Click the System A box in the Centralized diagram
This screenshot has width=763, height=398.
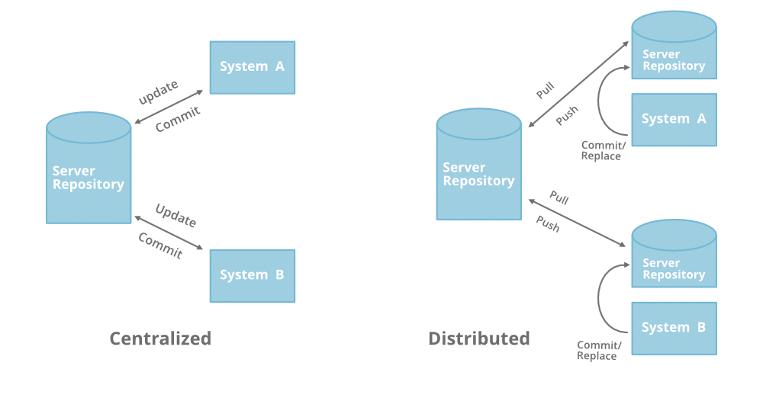tap(252, 67)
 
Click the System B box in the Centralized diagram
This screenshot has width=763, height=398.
tap(252, 275)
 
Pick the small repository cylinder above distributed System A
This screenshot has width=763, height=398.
tap(674, 50)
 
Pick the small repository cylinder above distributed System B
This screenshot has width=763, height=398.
tap(674, 258)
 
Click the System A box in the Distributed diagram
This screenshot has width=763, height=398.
tap(674, 119)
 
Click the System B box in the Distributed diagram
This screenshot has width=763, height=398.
tap(674, 328)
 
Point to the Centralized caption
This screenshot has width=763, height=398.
tap(160, 339)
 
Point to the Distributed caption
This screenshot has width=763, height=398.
tap(478, 339)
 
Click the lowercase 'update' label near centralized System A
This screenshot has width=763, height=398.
tap(158, 92)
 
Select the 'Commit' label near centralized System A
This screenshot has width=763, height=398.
tap(178, 120)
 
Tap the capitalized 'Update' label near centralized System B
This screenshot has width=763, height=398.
tap(176, 216)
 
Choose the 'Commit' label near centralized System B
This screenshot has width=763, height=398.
tap(160, 246)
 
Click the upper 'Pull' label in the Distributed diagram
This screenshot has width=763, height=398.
tap(545, 91)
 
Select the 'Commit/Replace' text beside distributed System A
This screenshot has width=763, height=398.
tap(601, 151)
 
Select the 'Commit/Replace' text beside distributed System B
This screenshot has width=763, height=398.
tap(598, 351)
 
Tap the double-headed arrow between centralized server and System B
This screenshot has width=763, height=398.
tap(169, 232)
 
